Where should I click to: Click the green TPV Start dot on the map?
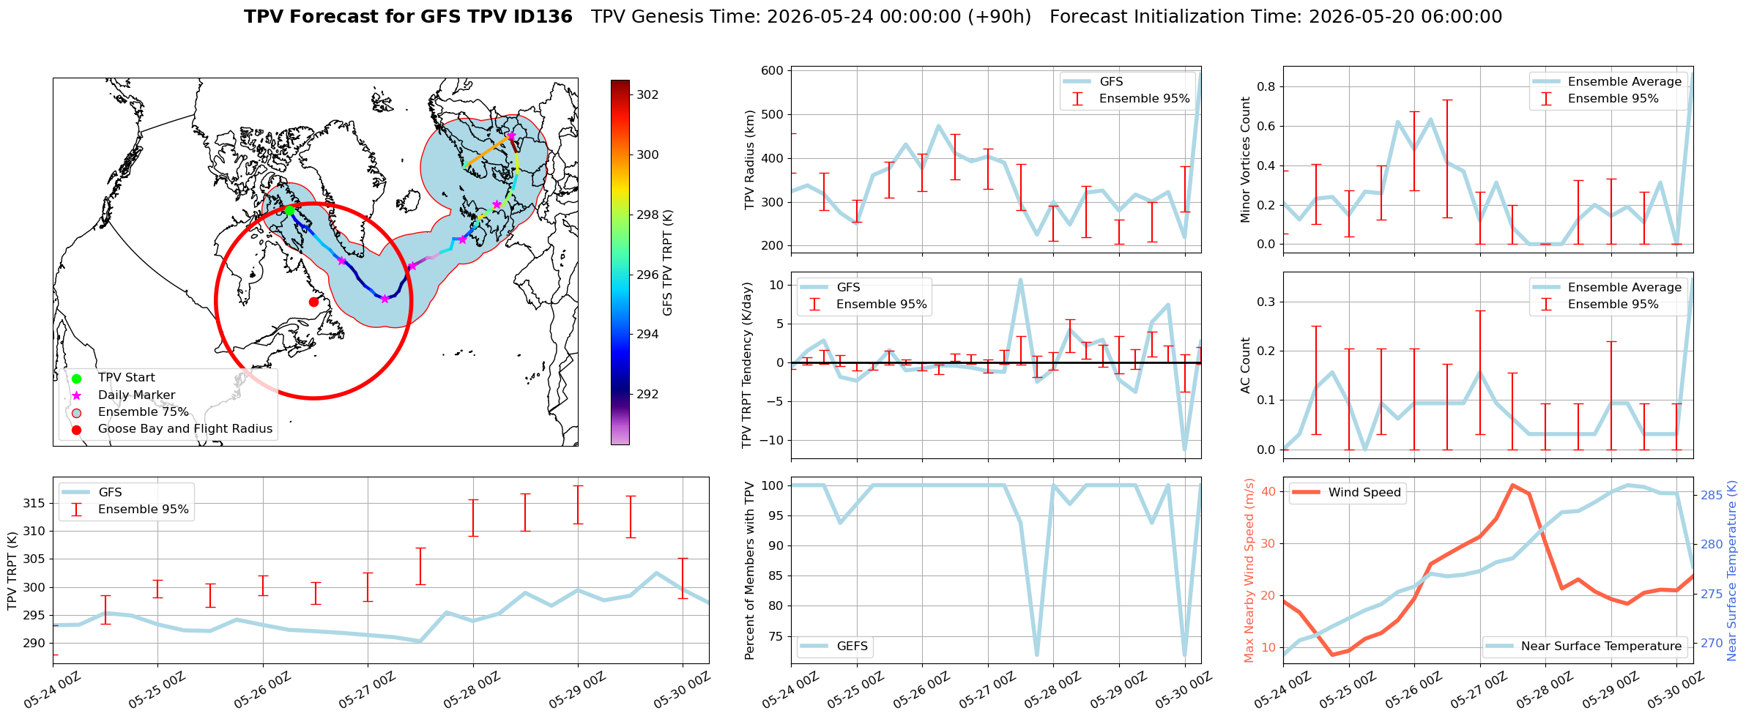289,210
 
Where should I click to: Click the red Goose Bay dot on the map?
313,302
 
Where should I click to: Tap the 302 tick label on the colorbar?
647,94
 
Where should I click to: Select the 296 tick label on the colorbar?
647,275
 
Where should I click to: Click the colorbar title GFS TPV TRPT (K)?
667,263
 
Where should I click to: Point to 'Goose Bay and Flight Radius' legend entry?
185,429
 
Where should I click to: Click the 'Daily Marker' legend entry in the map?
137,395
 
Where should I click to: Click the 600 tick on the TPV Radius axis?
773,71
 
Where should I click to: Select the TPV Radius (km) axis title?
749,160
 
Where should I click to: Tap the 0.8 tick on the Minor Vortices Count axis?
1266,86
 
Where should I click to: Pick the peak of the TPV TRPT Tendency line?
1020,279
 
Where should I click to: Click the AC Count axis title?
1246,365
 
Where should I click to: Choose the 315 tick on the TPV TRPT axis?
34,503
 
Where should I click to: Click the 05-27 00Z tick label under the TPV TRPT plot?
367,690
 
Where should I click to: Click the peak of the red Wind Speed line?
1512,485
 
